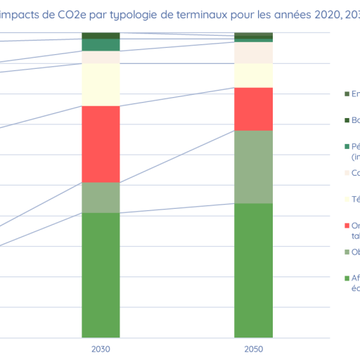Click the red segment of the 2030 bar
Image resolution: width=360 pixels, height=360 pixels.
(x=101, y=144)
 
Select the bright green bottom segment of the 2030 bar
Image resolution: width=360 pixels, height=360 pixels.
(x=101, y=275)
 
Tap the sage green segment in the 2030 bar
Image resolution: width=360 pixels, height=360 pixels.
(x=101, y=198)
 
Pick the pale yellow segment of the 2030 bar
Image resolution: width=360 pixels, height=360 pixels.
(x=101, y=84)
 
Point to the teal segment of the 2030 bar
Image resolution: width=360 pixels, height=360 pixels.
(x=101, y=45)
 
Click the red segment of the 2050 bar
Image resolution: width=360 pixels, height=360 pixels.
(x=253, y=109)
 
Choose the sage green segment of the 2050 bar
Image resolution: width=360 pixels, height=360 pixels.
(x=253, y=167)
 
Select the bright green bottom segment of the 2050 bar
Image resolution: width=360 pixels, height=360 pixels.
(x=253, y=271)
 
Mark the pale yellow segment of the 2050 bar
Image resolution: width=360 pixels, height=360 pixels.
(x=253, y=75)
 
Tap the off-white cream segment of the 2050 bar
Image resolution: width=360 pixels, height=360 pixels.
(x=253, y=53)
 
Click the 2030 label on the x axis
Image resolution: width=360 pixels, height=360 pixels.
(x=101, y=349)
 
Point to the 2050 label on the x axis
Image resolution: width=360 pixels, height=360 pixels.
(x=253, y=349)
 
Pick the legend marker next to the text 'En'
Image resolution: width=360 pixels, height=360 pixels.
(x=347, y=94)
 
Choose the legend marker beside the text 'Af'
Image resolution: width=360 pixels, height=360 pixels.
(x=347, y=278)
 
